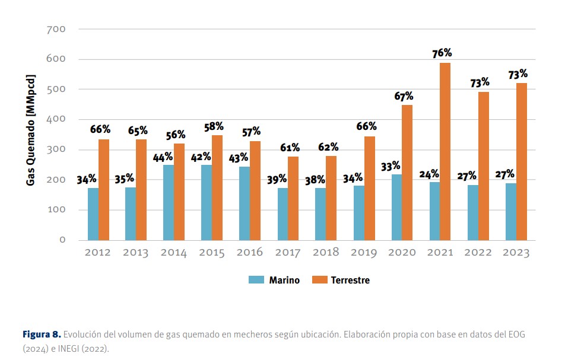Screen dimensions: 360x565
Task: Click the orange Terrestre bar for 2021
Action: pyautogui.click(x=445, y=151)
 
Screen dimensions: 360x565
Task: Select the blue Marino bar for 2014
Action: pyautogui.click(x=169, y=202)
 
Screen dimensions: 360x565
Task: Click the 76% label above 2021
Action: pyautogui.click(x=442, y=53)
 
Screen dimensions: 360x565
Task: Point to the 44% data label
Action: pyautogui.click(x=163, y=157)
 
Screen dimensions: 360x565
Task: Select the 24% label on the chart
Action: pyautogui.click(x=428, y=174)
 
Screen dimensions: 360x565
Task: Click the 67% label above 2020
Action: pyautogui.click(x=404, y=96)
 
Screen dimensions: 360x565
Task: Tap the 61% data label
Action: pyautogui.click(x=290, y=148)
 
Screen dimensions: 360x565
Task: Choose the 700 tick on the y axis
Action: pyautogui.click(x=55, y=29)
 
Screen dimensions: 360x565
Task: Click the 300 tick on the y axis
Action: pyautogui.click(x=55, y=149)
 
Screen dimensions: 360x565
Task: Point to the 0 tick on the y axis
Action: pyautogui.click(x=62, y=240)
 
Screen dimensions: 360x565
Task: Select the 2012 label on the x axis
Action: pyautogui.click(x=97, y=253)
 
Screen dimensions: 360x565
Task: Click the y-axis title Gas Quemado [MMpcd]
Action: pyautogui.click(x=31, y=130)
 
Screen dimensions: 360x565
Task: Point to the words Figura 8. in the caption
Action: pyautogui.click(x=42, y=334)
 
